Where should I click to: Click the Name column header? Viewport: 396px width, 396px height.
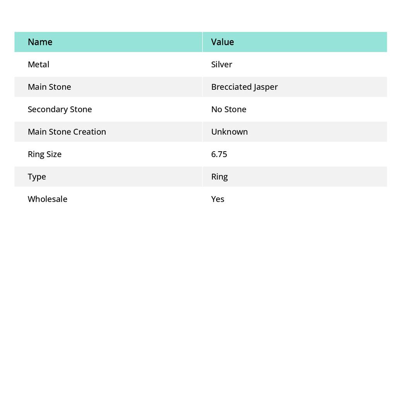coord(40,42)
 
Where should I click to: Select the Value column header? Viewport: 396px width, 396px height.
coord(222,42)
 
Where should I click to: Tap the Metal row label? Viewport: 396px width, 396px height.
coord(38,64)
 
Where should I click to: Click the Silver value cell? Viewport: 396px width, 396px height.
coord(222,64)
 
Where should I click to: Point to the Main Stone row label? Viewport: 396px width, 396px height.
coord(49,87)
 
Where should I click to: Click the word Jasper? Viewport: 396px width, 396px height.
coord(266,87)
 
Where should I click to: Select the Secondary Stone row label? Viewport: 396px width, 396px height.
coord(60,109)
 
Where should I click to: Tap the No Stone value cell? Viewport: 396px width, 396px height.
coord(229,109)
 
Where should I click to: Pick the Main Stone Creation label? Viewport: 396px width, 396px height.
coord(67,131)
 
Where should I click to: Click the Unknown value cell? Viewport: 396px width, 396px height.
coord(229,131)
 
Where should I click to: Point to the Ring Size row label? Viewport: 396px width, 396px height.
coord(44,154)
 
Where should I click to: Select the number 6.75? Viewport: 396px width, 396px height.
coord(219,154)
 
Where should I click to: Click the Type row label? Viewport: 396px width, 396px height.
coord(37,177)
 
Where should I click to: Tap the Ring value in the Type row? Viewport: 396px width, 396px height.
coord(219,177)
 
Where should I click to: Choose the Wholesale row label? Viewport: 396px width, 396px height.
coord(47,199)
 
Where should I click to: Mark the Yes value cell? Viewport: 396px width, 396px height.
coord(218,199)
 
